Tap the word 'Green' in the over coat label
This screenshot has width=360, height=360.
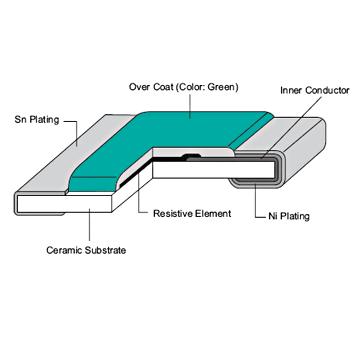[217, 86]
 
